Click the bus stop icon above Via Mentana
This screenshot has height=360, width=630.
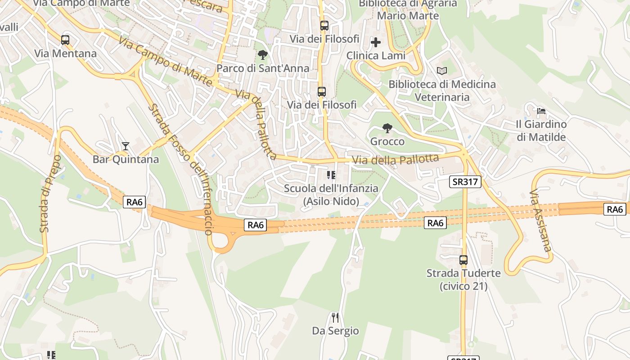(65, 40)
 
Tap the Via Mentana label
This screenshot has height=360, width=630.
(65, 54)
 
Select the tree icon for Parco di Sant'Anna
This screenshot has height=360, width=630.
(263, 55)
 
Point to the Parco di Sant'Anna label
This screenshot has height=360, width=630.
(263, 68)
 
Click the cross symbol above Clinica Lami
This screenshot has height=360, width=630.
(376, 43)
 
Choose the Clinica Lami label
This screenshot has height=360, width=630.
(376, 56)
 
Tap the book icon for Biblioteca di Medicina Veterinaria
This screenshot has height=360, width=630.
(442, 71)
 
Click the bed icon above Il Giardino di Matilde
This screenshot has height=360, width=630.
(541, 111)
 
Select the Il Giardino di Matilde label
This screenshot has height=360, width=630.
(541, 130)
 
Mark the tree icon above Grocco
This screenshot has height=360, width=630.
(387, 128)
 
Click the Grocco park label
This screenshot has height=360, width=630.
(387, 142)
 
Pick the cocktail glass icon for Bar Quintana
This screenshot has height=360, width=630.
(126, 146)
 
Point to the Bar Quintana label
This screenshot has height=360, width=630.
(126, 159)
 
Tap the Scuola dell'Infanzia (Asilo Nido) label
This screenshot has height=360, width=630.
(331, 195)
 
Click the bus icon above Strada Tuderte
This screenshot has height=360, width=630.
(463, 260)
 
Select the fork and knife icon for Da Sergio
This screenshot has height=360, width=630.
(335, 318)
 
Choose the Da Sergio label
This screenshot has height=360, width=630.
(335, 331)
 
